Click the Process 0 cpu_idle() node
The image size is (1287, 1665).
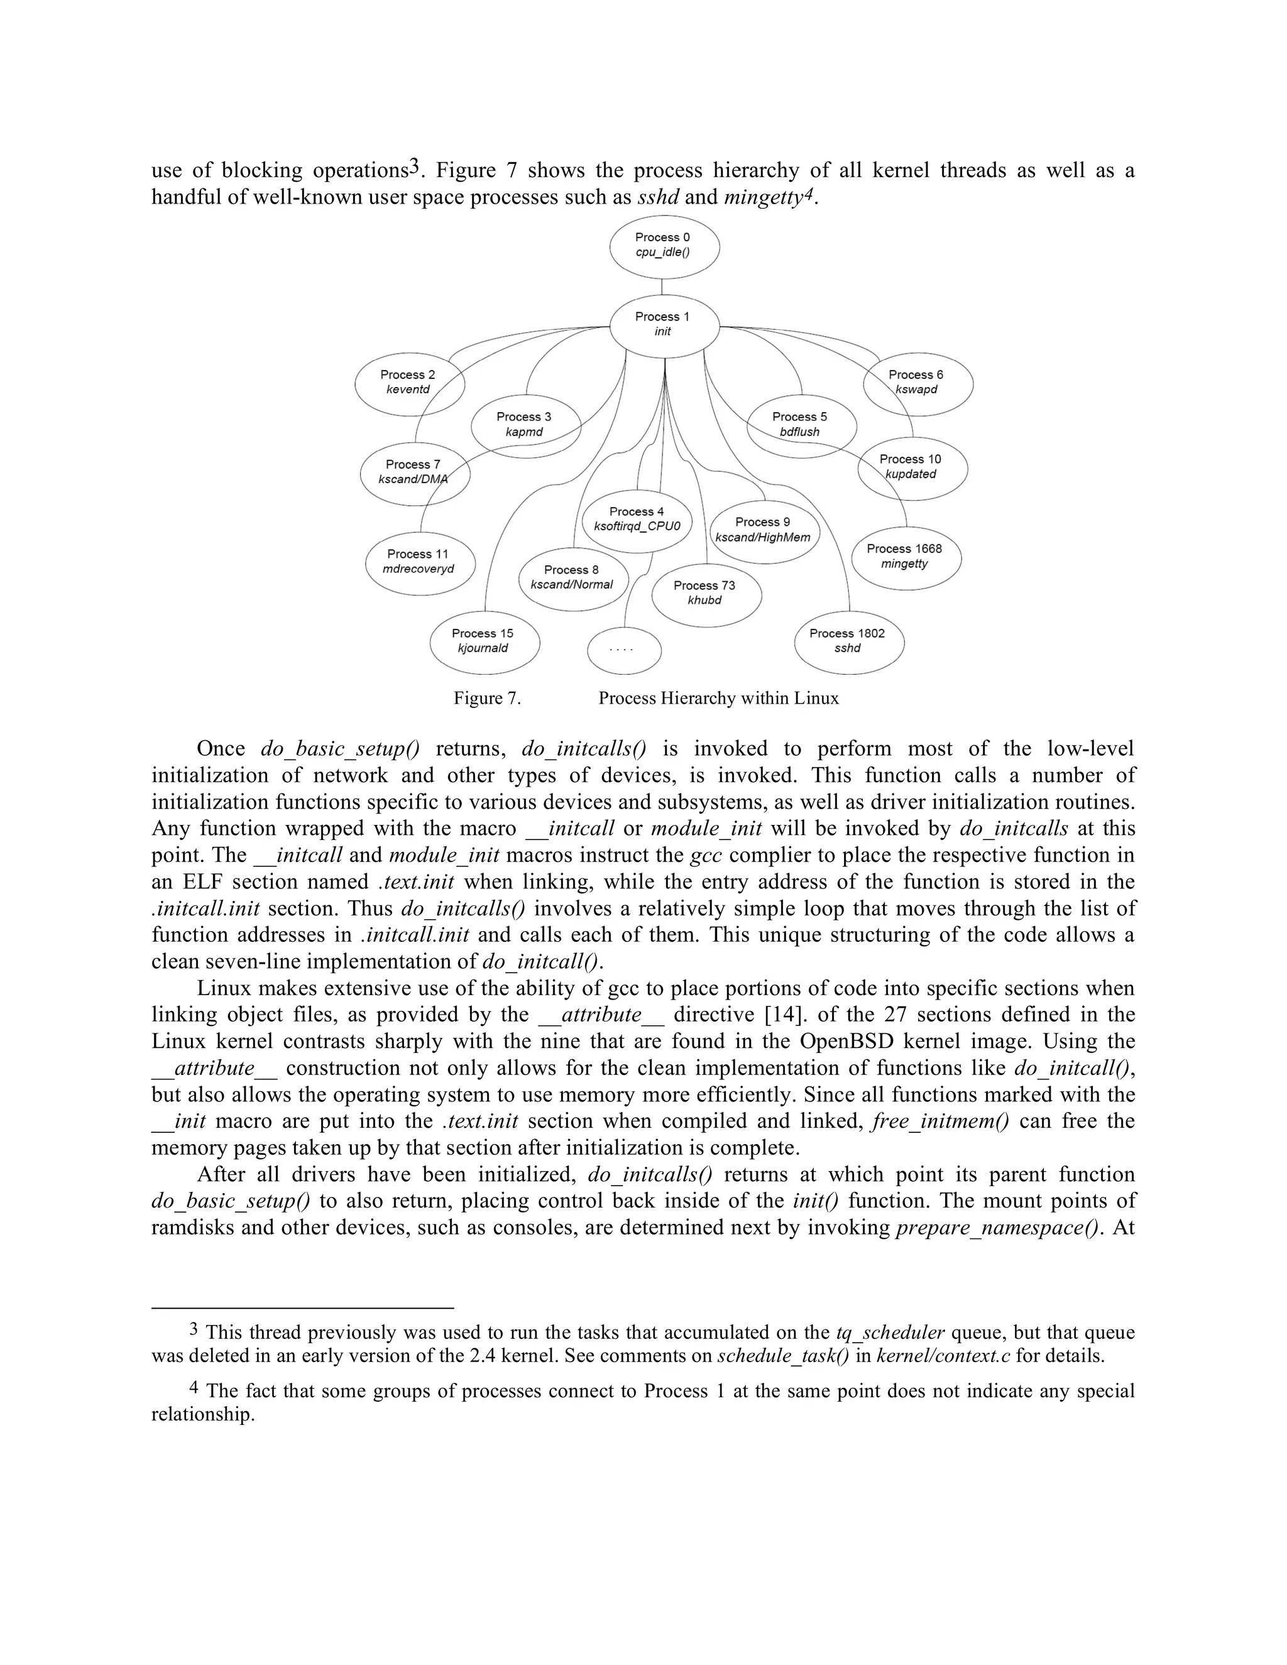pyautogui.click(x=664, y=246)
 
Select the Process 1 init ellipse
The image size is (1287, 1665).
pyautogui.click(x=664, y=325)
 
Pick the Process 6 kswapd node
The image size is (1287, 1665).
pyautogui.click(x=917, y=383)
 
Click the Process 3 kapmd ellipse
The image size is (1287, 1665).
pyautogui.click(x=525, y=425)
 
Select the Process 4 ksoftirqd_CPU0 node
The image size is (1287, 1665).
pyautogui.click(x=637, y=519)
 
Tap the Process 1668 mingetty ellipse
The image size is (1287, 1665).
pyautogui.click(x=905, y=557)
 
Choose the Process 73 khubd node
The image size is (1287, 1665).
pyautogui.click(x=705, y=593)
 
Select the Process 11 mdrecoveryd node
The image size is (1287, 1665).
pyautogui.click(x=419, y=562)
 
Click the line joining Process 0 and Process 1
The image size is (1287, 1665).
pyautogui.click(x=662, y=287)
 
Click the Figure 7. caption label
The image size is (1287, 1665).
pyautogui.click(x=487, y=698)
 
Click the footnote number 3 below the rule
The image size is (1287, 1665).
pyautogui.click(x=194, y=1330)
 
